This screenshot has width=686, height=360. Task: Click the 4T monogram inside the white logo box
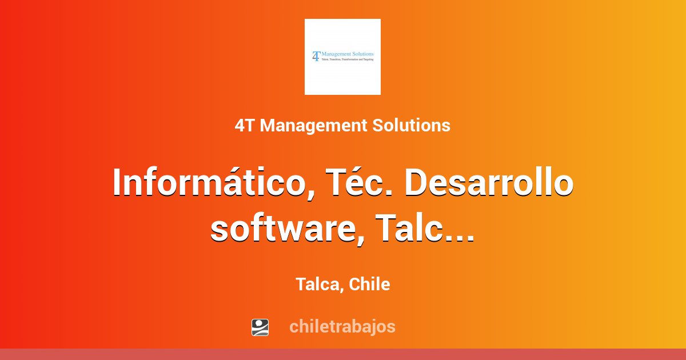(x=316, y=55)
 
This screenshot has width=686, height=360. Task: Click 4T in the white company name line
(x=245, y=125)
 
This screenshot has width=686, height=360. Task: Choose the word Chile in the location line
(x=370, y=284)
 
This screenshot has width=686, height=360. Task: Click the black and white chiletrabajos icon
(x=260, y=327)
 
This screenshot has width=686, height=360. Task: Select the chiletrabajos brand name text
(x=342, y=327)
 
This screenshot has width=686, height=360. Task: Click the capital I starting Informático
(x=118, y=183)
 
